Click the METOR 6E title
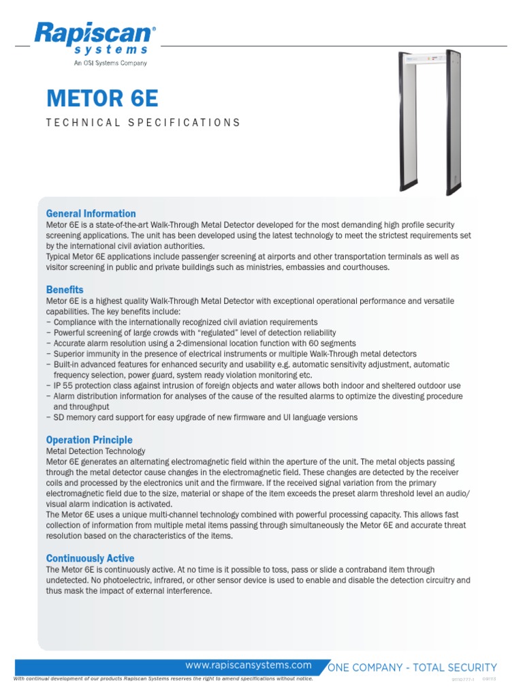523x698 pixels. click(x=102, y=98)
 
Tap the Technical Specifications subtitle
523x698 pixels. click(x=143, y=123)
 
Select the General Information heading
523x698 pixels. click(x=91, y=213)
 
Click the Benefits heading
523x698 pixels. click(x=65, y=290)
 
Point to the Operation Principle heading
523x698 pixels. click(x=89, y=440)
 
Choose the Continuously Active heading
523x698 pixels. click(x=90, y=558)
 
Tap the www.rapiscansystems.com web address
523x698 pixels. click(x=249, y=665)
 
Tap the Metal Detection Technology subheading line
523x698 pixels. click(x=95, y=451)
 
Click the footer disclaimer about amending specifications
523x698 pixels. click(x=163, y=679)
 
